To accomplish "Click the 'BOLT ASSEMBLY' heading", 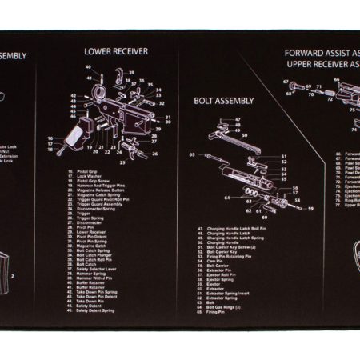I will click(x=225, y=101).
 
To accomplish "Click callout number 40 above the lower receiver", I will click(x=89, y=69).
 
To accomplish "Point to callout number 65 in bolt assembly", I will click(x=191, y=154).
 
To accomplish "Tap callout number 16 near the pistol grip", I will click(x=50, y=138).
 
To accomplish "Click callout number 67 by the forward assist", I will click(x=286, y=82).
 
